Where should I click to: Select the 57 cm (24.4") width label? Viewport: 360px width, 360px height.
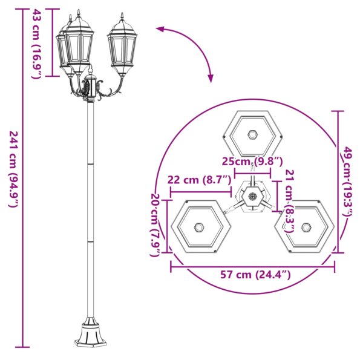[x=255, y=275]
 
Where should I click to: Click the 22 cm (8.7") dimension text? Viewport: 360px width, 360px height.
[x=199, y=180]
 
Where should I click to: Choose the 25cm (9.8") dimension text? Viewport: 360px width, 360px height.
[x=252, y=162]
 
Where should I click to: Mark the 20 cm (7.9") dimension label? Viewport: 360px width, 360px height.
[x=155, y=224]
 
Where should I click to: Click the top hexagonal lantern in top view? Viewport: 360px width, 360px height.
[x=254, y=134]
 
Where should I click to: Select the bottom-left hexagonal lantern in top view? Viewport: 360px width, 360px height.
[x=200, y=227]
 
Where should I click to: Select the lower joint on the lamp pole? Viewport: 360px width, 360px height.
[x=91, y=240]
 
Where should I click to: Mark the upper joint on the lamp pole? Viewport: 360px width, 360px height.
[x=91, y=162]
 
